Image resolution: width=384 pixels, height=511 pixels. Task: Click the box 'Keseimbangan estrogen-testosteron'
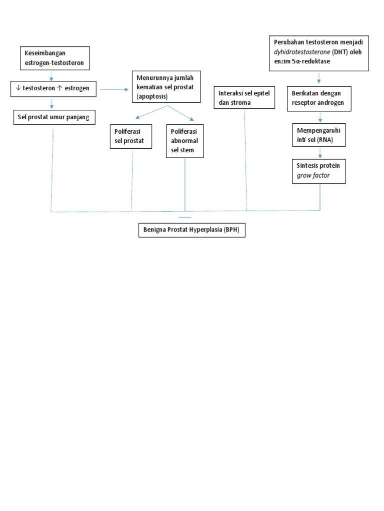tap(55, 58)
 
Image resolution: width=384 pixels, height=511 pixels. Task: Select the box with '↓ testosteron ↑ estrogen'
tap(54, 88)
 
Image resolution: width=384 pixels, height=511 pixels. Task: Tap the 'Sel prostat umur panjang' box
tap(54, 118)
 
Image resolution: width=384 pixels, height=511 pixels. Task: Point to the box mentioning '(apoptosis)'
tap(166, 87)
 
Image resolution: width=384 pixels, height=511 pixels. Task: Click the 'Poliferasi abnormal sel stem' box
tap(184, 141)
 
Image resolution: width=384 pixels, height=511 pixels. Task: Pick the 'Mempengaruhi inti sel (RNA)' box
tap(319, 135)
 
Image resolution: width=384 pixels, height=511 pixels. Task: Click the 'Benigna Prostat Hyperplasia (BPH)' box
tap(191, 230)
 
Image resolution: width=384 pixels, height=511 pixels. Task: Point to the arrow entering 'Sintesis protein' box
tap(319, 153)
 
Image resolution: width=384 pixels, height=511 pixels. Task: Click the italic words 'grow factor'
tap(313, 175)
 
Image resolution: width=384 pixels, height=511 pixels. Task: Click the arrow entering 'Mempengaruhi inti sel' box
tap(319, 118)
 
